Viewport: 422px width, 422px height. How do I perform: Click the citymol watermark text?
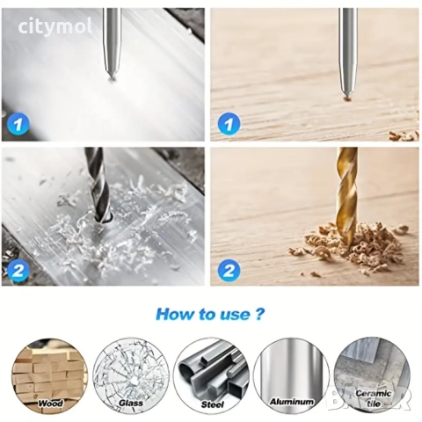[x=55, y=25]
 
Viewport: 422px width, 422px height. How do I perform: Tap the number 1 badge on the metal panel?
[x=18, y=124]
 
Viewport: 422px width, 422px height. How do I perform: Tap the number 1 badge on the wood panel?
[x=229, y=124]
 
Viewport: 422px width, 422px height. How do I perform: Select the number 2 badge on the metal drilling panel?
[x=18, y=270]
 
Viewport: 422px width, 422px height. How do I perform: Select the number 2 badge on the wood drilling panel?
[x=229, y=270]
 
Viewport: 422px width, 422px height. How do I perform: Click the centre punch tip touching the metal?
[x=112, y=77]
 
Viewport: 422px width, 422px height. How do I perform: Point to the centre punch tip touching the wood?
[x=346, y=98]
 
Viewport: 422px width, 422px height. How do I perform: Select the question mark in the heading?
[x=258, y=314]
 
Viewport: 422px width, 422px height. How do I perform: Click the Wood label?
[x=50, y=404]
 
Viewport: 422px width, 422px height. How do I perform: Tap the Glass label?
[x=131, y=404]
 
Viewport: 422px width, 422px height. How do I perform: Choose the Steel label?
[x=212, y=404]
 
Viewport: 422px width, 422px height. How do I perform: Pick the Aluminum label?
[x=292, y=402]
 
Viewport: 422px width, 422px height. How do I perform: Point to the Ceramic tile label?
[x=374, y=398]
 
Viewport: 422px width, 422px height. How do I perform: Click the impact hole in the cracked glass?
[x=134, y=381]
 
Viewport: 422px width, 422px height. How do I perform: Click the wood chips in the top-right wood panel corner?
[x=404, y=135]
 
